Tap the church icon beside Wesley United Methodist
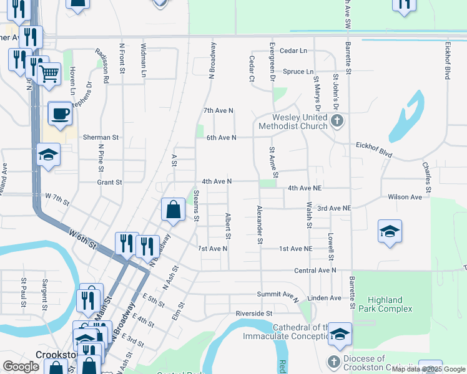(337, 121)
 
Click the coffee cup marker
(60, 113)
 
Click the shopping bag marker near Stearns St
(174, 210)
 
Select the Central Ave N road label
(315, 271)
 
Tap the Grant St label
(109, 182)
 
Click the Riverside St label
(254, 313)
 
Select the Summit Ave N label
(278, 294)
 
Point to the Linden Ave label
(325, 298)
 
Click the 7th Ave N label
(219, 110)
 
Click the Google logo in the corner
(21, 367)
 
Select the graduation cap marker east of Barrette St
(390, 232)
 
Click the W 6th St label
(83, 239)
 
